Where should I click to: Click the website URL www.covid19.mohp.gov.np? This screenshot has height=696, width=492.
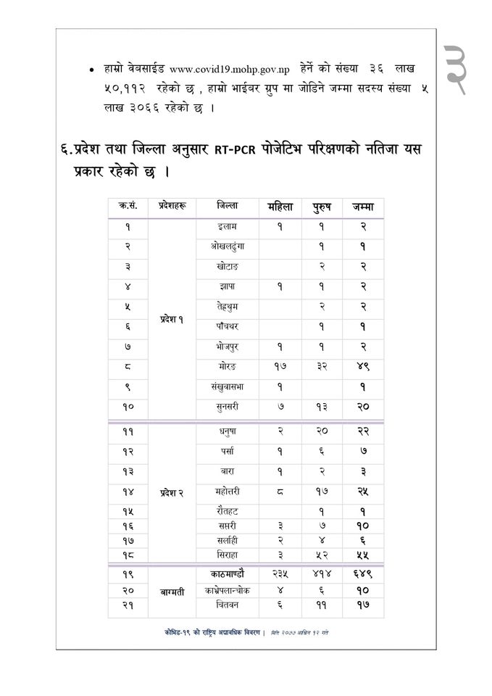coord(230,68)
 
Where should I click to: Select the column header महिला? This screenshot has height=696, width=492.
coord(279,207)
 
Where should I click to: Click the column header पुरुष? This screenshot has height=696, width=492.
coord(322,207)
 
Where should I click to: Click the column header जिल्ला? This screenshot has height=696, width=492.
coord(227,207)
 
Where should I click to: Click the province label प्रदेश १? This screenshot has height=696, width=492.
coord(172,320)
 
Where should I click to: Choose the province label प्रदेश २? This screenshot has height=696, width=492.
coord(172,493)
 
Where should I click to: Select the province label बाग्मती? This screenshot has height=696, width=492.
coord(172,592)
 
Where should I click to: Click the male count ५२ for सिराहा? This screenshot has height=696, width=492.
coord(322,555)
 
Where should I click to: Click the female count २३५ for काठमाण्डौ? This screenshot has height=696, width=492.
coord(279,573)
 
